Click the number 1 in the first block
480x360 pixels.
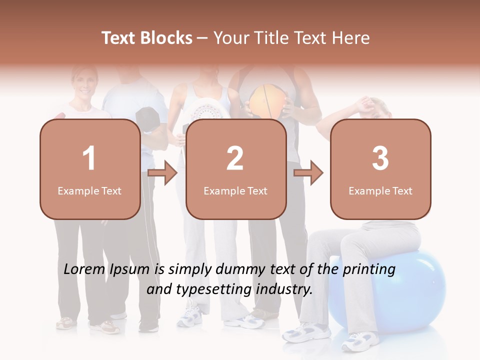tap(89, 158)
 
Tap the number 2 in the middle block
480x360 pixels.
tap(235, 158)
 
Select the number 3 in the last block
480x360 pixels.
tap(380, 158)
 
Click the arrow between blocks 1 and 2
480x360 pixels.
tap(162, 173)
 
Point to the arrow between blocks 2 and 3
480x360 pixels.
tap(308, 173)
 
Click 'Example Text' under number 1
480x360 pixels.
tap(89, 191)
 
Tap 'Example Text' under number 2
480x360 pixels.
tap(235, 191)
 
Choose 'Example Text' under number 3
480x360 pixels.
tap(380, 191)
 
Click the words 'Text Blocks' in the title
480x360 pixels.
tap(147, 38)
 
